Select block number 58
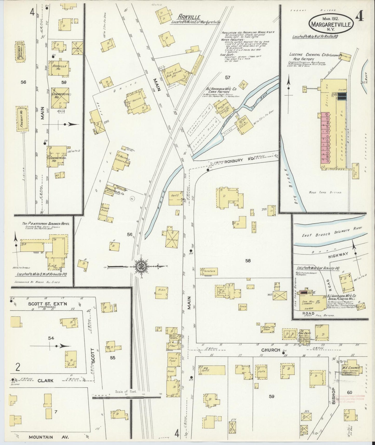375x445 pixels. click(x=248, y=260)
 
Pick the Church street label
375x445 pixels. click(x=270, y=350)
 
